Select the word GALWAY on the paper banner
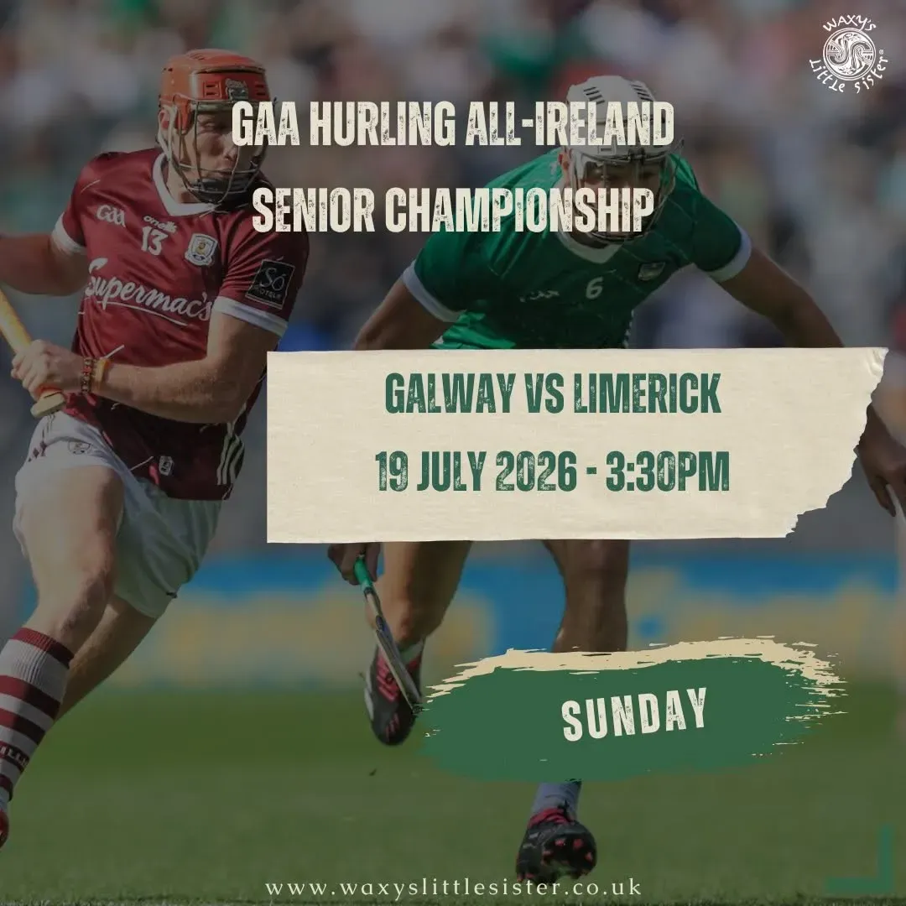[x=450, y=393]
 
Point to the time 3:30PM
[x=667, y=471]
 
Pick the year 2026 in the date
[x=535, y=471]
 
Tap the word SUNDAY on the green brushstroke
[x=634, y=714]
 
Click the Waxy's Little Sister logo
[x=848, y=55]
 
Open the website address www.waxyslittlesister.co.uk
[x=454, y=887]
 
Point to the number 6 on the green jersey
[x=594, y=287]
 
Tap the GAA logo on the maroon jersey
[x=111, y=216]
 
